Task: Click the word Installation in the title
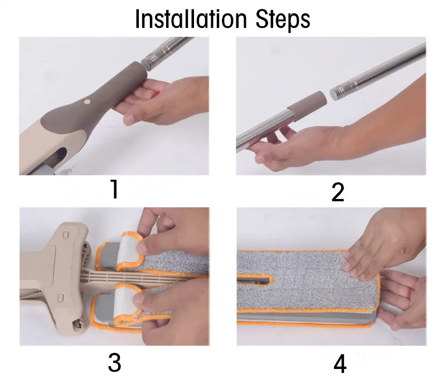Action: coord(191,20)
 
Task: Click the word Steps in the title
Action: coord(283,20)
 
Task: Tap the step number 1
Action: coord(114,189)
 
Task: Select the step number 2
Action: coord(338,192)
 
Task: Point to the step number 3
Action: coord(114,362)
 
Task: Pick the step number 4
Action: coord(340,363)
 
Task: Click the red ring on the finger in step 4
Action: coord(410,292)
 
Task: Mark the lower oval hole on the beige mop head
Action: coord(60,298)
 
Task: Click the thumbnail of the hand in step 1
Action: coord(129,120)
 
